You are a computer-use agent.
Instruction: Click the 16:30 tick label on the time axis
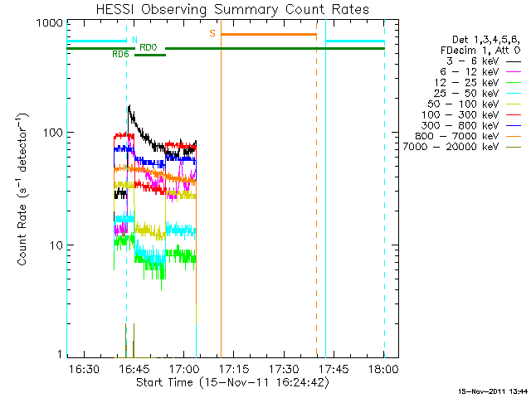(x=84, y=368)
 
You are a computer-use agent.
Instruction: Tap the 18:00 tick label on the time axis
(x=383, y=368)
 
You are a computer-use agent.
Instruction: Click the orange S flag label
(x=212, y=33)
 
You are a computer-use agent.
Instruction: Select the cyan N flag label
(x=134, y=39)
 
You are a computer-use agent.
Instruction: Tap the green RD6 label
(x=120, y=54)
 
